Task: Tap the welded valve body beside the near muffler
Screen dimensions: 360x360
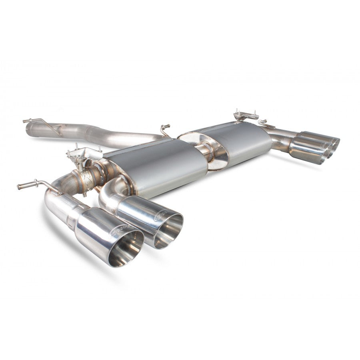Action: (90, 176)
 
